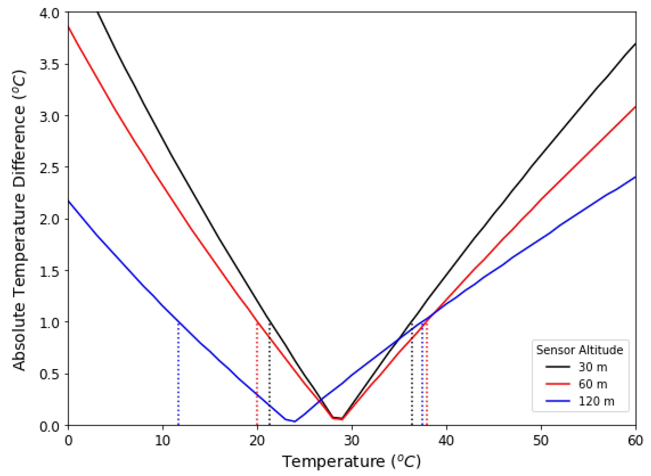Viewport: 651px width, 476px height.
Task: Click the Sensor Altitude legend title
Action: (x=580, y=350)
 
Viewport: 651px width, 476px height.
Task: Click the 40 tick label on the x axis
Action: (x=446, y=441)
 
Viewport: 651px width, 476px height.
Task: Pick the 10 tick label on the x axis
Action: (x=163, y=441)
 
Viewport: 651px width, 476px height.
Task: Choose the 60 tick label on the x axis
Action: (x=635, y=441)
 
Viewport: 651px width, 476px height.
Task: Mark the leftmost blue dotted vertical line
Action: (x=178, y=375)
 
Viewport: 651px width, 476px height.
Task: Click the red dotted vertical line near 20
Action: (x=257, y=375)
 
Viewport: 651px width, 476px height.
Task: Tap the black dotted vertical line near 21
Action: (x=269, y=375)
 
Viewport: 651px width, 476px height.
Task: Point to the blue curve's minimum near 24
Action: (x=294, y=421)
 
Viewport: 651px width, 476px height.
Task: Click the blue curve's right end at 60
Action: (x=635, y=177)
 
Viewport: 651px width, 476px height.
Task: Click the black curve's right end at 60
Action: (x=635, y=44)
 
